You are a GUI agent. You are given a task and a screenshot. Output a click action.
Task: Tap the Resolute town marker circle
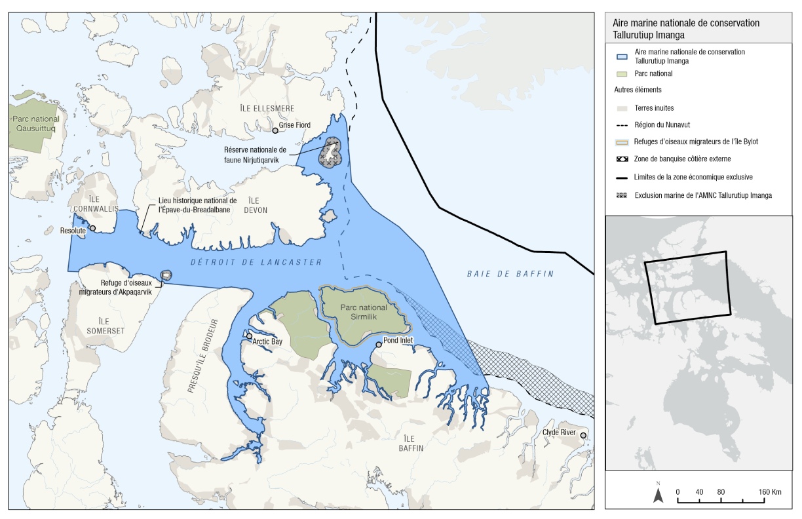[x=92, y=229]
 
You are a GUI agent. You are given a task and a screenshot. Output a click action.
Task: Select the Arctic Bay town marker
[x=249, y=336]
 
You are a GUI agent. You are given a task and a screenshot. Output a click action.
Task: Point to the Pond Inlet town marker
[x=378, y=345]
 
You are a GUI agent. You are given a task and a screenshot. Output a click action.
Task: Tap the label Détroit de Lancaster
[x=257, y=262]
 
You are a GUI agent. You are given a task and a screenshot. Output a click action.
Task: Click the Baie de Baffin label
[x=510, y=274]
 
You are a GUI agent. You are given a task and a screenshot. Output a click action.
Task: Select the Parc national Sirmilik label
[x=364, y=312]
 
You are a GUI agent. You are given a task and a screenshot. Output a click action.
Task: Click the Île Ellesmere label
[x=266, y=108]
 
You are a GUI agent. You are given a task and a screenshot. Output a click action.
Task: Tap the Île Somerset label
[x=105, y=326]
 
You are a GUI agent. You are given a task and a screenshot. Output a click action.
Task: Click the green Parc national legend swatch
[x=622, y=74]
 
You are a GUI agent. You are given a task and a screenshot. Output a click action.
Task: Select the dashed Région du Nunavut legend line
[x=622, y=125]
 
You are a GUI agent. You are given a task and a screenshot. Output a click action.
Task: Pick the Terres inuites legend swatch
[x=622, y=107]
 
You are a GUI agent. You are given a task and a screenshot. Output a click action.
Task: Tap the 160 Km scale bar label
[x=770, y=491]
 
